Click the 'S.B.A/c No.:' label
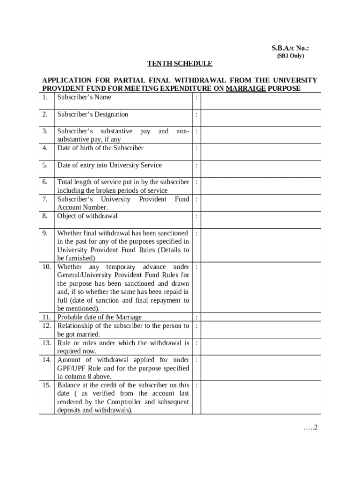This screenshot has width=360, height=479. click(290, 48)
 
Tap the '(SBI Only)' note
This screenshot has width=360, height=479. click(290, 56)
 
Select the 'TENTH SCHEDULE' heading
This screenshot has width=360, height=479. click(180, 64)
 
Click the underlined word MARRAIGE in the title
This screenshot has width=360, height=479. click(245, 88)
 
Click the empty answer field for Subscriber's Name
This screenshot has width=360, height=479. click(261, 101)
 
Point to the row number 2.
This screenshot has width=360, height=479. click(45, 115)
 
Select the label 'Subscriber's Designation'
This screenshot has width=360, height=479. click(93, 115)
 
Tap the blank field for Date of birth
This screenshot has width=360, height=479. click(261, 152)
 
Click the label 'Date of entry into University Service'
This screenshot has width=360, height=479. click(109, 165)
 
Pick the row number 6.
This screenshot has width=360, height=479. click(45, 182)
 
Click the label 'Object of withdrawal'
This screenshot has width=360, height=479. click(87, 216)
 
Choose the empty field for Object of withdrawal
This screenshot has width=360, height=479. click(261, 220)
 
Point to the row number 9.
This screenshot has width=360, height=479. click(45, 233)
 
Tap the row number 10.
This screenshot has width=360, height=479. click(46, 267)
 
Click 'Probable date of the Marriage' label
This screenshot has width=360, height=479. click(99, 318)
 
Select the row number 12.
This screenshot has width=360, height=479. click(46, 326)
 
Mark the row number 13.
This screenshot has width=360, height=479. click(46, 343)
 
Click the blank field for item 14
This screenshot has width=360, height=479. click(261, 368)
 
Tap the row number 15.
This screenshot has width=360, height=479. click(46, 385)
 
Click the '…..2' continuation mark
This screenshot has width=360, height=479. click(310, 428)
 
